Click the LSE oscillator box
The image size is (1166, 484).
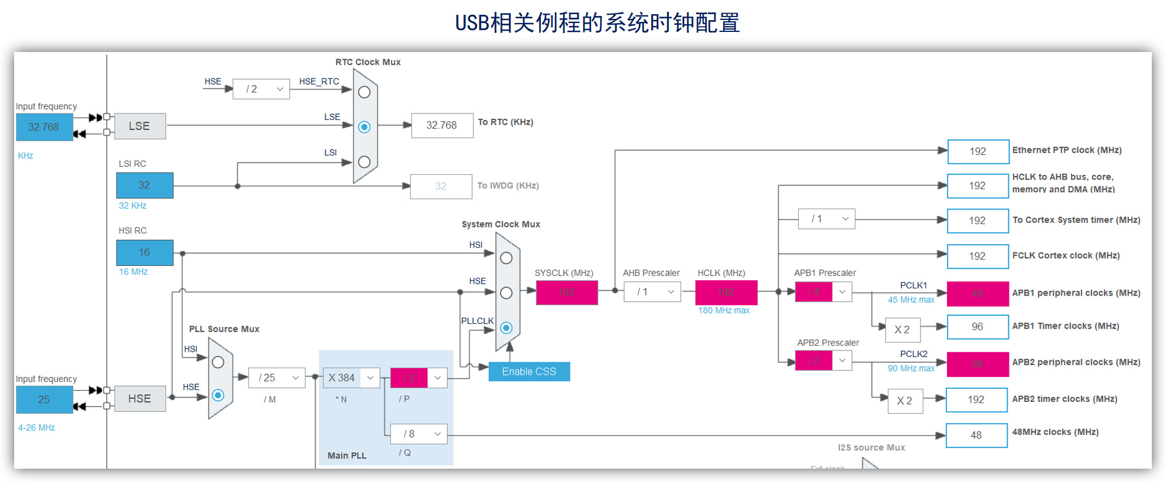pyautogui.click(x=140, y=126)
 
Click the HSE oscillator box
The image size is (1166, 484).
pyautogui.click(x=140, y=399)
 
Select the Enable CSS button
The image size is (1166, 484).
pyautogui.click(x=529, y=372)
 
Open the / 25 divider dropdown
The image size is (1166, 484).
pyautogui.click(x=277, y=378)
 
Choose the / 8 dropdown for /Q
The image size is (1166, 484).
pyautogui.click(x=419, y=434)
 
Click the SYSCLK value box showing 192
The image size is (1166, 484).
pyautogui.click(x=567, y=293)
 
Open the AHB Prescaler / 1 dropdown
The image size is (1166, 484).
pyautogui.click(x=652, y=292)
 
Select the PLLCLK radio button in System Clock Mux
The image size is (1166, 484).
pyautogui.click(x=506, y=328)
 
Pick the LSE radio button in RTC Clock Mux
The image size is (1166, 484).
pyautogui.click(x=364, y=127)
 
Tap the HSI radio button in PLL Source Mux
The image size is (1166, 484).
pyautogui.click(x=218, y=362)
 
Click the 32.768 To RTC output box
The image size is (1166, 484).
pyautogui.click(x=442, y=125)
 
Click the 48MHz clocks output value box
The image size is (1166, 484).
pyautogui.click(x=976, y=436)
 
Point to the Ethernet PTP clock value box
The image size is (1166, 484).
pyautogui.click(x=978, y=151)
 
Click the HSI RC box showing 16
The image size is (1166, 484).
pyautogui.click(x=145, y=252)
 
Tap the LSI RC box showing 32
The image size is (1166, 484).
pyautogui.click(x=145, y=186)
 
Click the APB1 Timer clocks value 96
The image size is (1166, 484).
pyautogui.click(x=977, y=327)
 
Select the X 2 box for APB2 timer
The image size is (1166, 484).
pyautogui.click(x=904, y=401)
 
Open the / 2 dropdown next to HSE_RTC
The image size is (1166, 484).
pyautogui.click(x=261, y=89)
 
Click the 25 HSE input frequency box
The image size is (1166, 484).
pyautogui.click(x=44, y=399)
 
